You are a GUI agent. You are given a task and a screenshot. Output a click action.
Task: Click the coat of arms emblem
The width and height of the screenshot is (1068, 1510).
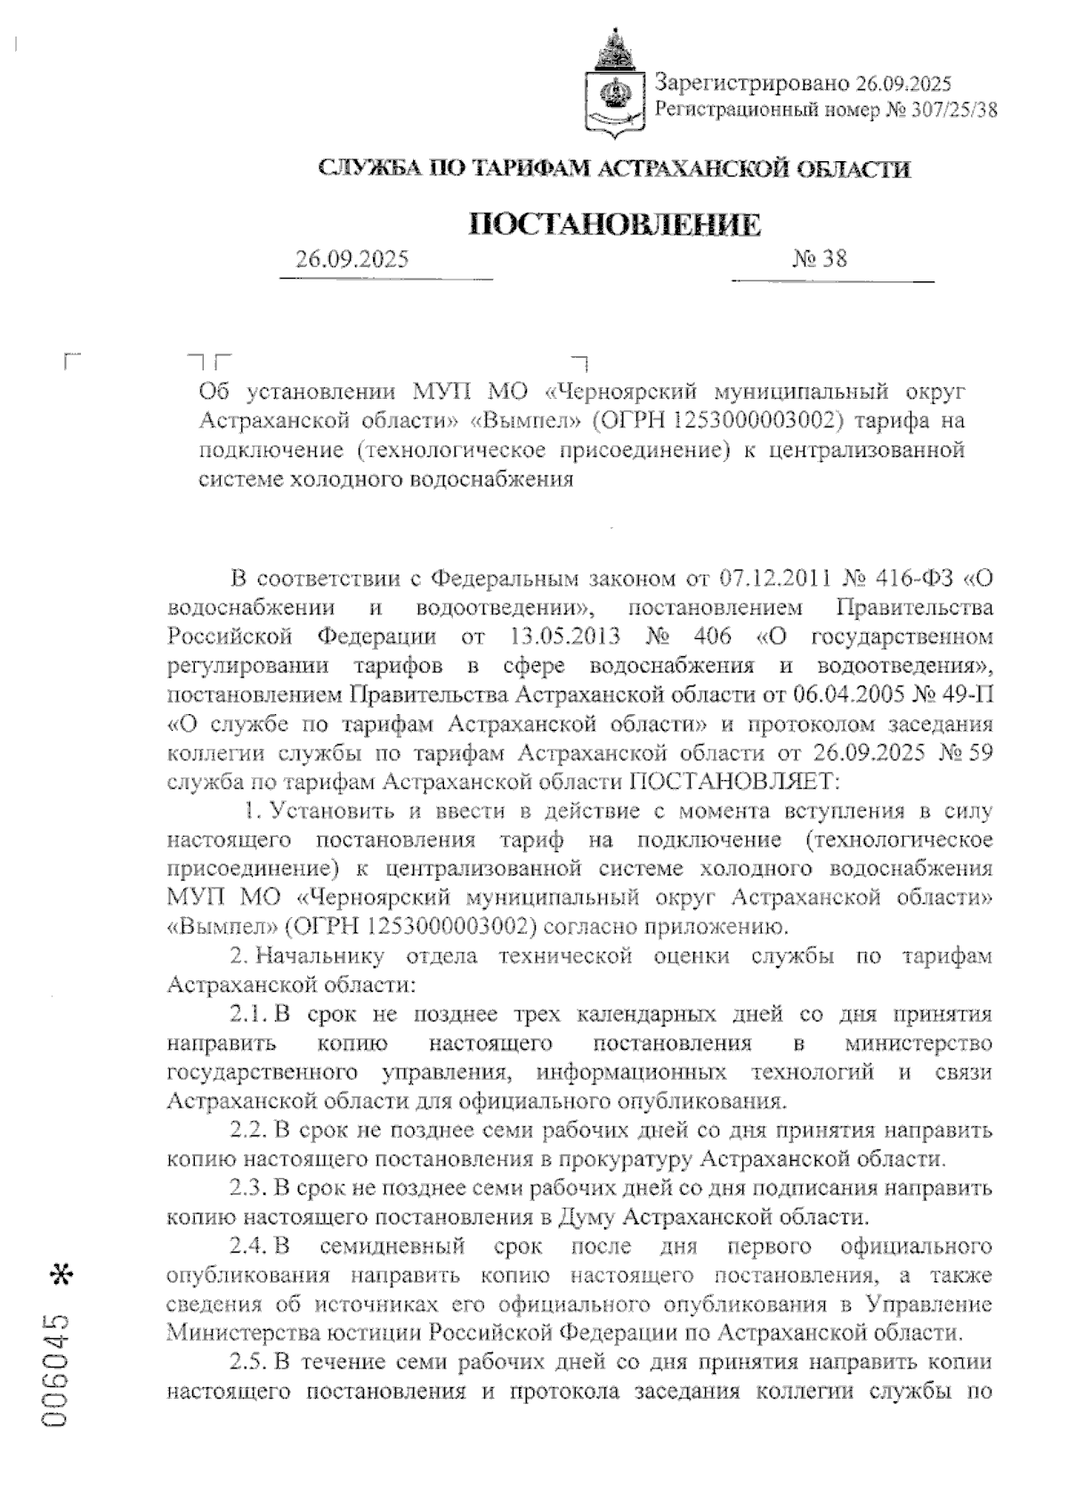[x=613, y=85]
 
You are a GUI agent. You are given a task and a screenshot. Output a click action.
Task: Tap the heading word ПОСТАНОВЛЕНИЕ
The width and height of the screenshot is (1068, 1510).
[x=614, y=225]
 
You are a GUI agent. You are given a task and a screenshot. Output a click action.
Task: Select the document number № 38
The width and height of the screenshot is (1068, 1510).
[x=820, y=259]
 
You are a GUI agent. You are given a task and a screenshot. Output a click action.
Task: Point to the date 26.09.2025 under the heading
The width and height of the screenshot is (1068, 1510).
[x=352, y=259]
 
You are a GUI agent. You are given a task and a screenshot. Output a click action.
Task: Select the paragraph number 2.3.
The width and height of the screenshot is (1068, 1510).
[x=248, y=1188]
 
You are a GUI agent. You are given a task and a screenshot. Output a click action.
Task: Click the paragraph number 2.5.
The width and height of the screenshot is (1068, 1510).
[x=248, y=1361]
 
